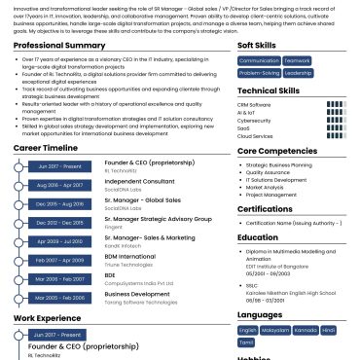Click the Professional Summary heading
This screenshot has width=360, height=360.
(59, 46)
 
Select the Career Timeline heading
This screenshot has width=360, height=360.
(47, 147)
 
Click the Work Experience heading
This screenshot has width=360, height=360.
(46, 318)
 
